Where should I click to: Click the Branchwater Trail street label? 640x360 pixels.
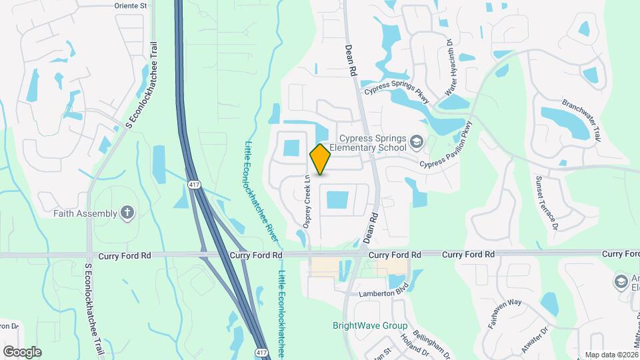(581, 121)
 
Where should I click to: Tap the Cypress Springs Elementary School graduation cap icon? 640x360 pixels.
(417, 141)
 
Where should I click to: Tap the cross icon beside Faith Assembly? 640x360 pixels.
(127, 213)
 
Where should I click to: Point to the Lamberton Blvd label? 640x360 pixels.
(383, 293)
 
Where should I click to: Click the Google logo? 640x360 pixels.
(22, 351)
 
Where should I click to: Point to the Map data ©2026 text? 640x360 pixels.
(611, 355)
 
